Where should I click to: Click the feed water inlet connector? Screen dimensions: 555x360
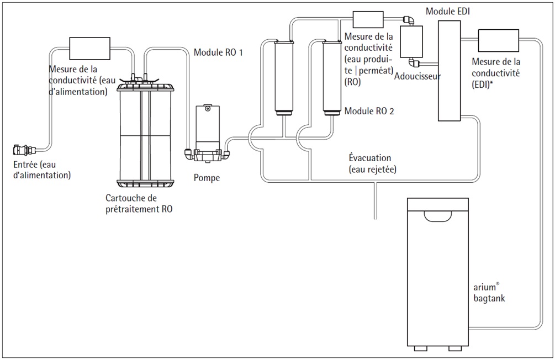tap(24, 150)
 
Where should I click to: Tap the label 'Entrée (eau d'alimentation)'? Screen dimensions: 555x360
tap(42, 170)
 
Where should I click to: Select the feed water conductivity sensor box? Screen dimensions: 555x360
tap(89, 48)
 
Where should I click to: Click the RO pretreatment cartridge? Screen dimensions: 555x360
tap(145, 130)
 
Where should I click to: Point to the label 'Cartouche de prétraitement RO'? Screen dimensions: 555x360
tap(139, 204)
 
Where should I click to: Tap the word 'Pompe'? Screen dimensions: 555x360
tap(207, 178)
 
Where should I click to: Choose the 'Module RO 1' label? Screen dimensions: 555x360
tap(218, 52)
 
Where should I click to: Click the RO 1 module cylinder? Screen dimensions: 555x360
tap(284, 78)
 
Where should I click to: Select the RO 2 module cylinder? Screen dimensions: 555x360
tap(332, 78)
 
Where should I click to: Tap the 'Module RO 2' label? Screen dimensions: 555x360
tap(369, 111)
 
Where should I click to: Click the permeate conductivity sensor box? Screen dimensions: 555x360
tap(368, 19)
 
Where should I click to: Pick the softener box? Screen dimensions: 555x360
tap(411, 41)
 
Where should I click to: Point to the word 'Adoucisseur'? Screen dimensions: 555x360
tap(417, 76)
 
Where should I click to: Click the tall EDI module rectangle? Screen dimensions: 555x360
tap(449, 71)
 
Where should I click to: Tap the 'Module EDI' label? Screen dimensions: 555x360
tap(448, 12)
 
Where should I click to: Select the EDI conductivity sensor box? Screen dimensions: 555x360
tap(498, 41)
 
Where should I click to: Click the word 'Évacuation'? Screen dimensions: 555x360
tap(370, 157)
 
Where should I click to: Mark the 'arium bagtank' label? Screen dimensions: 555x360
tap(489, 293)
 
